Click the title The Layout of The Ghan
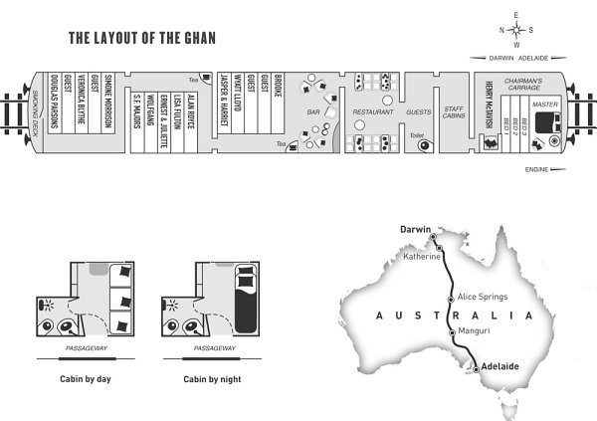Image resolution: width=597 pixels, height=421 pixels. pos(142,40)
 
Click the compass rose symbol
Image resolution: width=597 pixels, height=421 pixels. pos(516,29)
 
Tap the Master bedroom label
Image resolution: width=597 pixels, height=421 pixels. pos(544,104)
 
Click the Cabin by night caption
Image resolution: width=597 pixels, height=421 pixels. pos(214,379)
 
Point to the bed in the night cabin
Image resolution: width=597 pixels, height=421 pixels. pos(245,296)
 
